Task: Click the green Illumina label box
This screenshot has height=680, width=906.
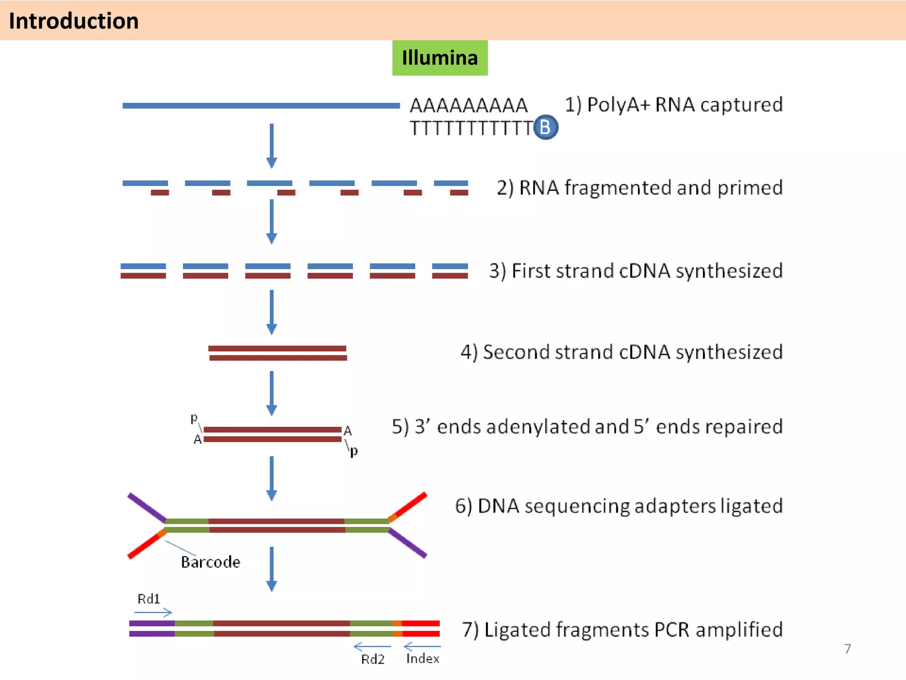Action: [440, 58]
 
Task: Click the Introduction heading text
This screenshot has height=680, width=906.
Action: [73, 21]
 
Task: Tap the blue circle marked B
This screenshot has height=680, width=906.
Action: [545, 127]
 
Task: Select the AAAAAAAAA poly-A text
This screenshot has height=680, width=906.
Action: [468, 105]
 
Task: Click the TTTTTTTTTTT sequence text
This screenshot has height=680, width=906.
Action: [471, 128]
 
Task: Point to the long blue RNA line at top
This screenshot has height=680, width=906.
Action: [261, 105]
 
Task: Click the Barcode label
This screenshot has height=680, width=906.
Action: [211, 562]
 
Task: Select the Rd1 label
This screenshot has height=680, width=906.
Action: [148, 599]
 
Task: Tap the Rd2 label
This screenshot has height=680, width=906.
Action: [372, 659]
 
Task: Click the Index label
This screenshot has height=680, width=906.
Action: [422, 659]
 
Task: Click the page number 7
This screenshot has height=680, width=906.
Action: [847, 649]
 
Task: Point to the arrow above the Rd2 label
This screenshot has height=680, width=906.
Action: [372, 647]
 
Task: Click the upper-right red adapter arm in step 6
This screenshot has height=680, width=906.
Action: [409, 505]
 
